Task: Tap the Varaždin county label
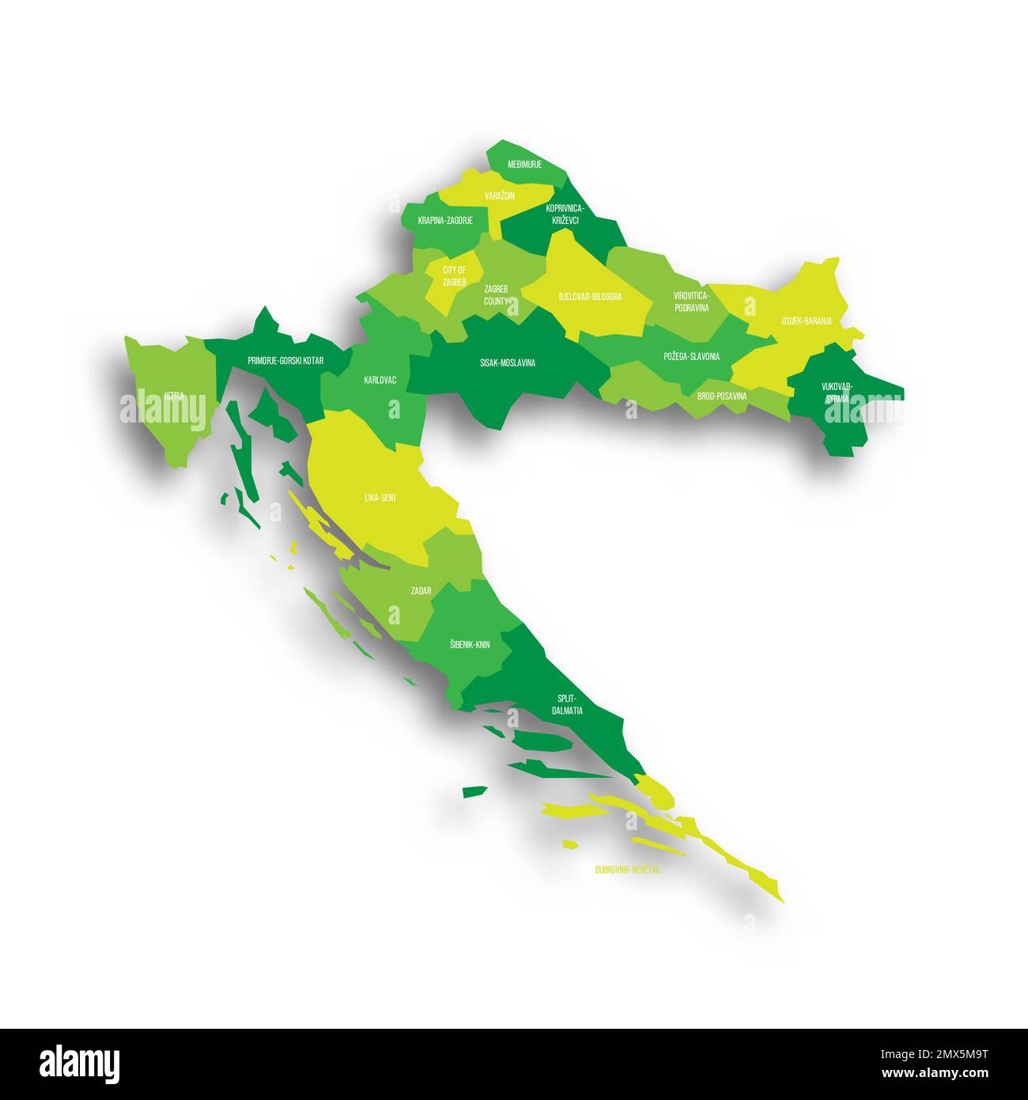(500, 195)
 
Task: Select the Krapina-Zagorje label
(445, 221)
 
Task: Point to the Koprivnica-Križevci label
(565, 214)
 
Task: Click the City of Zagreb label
(454, 276)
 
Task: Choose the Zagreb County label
(497, 295)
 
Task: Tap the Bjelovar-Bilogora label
(590, 297)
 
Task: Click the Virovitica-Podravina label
(691, 302)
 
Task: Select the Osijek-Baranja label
(806, 321)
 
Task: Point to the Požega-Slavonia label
(691, 357)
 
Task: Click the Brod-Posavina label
(721, 396)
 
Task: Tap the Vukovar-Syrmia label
(837, 393)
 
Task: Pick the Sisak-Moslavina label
(508, 363)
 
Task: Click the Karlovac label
(380, 381)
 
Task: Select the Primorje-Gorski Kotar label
(285, 361)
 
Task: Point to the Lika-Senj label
(380, 498)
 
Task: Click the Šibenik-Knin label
(469, 645)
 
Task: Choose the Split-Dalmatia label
(567, 704)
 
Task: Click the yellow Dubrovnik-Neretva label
(627, 869)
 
